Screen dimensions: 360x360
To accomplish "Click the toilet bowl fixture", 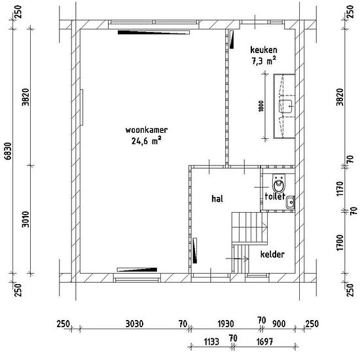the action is (x=279, y=183).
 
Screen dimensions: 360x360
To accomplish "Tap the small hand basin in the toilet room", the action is (x=290, y=202).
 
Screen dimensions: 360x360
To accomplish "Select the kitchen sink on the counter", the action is (x=285, y=106).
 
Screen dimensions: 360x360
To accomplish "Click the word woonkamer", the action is (x=147, y=130).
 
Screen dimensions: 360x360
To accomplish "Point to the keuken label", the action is (x=264, y=50).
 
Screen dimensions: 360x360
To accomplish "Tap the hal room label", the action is (x=217, y=198).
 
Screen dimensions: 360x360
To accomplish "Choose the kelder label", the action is (x=272, y=254).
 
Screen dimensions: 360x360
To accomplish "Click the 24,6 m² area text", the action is (x=146, y=141).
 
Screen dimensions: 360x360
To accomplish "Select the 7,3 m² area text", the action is (x=264, y=61).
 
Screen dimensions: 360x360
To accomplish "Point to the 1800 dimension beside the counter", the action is (x=261, y=106).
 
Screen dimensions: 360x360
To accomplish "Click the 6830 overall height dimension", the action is (x=8, y=151).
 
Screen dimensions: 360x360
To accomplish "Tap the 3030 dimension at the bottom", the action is (x=134, y=324).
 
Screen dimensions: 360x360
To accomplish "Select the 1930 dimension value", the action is (x=226, y=324).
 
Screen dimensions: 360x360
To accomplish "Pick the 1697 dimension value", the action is (x=264, y=342).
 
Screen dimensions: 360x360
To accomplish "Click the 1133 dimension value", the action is (x=211, y=342).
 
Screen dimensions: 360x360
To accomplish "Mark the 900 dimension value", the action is (x=279, y=324).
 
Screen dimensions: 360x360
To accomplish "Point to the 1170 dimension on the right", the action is (x=340, y=189).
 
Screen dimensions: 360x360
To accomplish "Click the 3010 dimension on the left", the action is (x=26, y=219).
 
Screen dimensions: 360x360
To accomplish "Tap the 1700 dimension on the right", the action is (x=340, y=243).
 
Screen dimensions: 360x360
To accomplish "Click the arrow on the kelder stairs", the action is (x=237, y=259).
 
